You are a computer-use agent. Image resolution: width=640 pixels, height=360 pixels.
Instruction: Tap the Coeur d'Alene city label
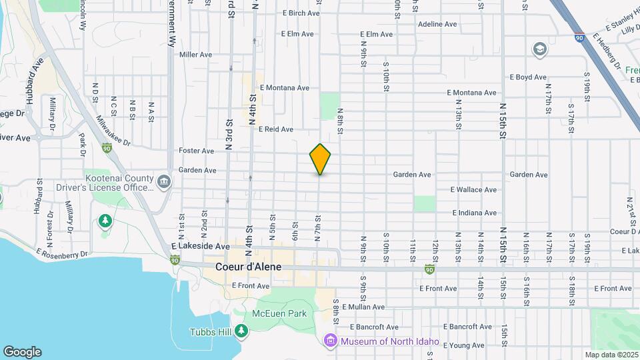[249, 267]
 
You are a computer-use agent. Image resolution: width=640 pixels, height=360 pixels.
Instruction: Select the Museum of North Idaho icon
[329, 341]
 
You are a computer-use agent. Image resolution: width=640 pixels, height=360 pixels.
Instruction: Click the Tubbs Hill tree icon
[241, 331]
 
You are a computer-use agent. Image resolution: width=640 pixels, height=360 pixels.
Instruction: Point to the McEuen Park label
[279, 313]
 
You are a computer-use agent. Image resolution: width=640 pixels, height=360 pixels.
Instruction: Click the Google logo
[22, 352]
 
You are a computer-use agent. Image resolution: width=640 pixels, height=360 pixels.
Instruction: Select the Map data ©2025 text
[611, 355]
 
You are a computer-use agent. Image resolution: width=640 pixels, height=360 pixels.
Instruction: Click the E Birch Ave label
[302, 13]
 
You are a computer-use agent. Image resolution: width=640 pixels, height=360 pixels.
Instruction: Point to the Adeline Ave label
[437, 24]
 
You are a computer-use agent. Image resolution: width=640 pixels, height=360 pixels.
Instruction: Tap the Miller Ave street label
[195, 55]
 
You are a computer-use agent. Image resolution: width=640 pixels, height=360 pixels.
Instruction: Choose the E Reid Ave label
[275, 129]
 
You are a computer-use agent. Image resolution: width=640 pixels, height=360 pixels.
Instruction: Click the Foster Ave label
[197, 151]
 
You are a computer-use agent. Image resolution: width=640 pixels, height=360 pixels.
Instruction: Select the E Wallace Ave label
[473, 190]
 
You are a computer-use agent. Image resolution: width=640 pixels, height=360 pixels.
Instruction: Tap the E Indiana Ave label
[474, 213]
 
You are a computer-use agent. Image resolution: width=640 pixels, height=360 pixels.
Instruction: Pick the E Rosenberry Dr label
[62, 254]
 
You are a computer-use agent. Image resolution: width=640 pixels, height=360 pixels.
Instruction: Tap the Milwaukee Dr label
[113, 129]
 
